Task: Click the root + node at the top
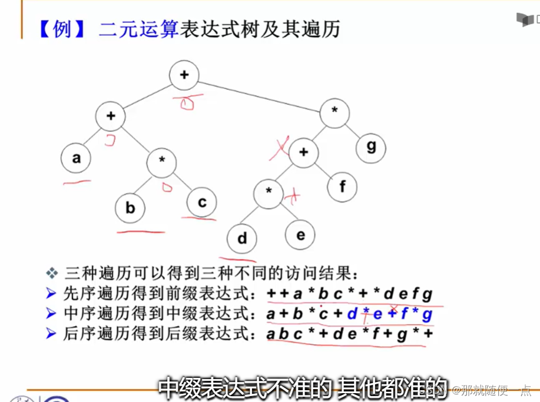(184, 75)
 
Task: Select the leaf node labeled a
(76, 158)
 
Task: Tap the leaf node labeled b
(130, 207)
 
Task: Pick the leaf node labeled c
(202, 202)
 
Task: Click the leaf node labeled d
(242, 239)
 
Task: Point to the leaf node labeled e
(300, 235)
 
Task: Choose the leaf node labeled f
(343, 187)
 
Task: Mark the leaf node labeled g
(371, 145)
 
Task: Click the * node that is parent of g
(334, 112)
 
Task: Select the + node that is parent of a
(111, 116)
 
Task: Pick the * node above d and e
(269, 192)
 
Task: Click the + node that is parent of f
(303, 152)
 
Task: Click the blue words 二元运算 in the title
(138, 29)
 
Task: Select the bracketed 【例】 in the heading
(58, 29)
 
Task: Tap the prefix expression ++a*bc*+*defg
(349, 294)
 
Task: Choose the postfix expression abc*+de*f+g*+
(349, 334)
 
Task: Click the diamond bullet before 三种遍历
(52, 273)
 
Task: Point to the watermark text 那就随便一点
(496, 389)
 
